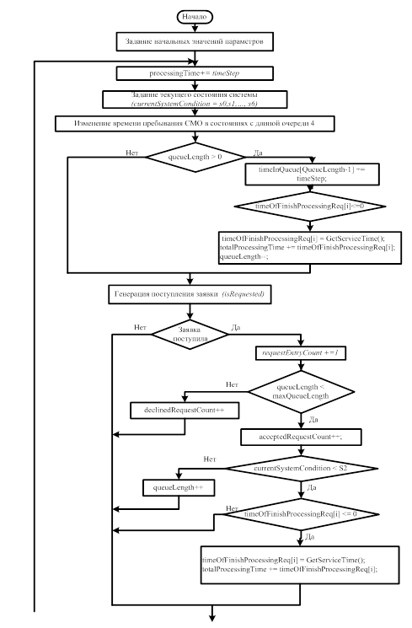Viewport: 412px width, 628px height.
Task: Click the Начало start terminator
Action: click(x=195, y=17)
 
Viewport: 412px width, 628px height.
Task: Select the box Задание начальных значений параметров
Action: click(x=195, y=41)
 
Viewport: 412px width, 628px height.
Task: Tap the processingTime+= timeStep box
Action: click(x=195, y=73)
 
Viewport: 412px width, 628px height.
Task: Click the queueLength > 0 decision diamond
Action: click(x=195, y=157)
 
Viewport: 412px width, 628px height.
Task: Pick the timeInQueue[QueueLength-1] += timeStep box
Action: click(x=312, y=174)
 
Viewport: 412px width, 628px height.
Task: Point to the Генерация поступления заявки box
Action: click(x=190, y=294)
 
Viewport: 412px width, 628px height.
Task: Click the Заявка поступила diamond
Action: click(x=190, y=335)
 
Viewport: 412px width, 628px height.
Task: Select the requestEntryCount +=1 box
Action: click(x=301, y=353)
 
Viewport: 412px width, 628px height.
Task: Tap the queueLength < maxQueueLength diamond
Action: click(x=301, y=392)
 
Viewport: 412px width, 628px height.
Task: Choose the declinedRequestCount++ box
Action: click(x=185, y=411)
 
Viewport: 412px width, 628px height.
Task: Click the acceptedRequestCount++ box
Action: click(x=301, y=437)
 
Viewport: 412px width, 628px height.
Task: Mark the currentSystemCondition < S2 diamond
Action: click(x=302, y=468)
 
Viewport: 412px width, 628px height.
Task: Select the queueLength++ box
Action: click(x=179, y=488)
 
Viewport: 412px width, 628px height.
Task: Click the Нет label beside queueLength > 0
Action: click(x=132, y=153)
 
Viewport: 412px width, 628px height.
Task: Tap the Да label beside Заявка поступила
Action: click(x=236, y=328)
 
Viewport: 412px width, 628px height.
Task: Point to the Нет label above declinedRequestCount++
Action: click(x=232, y=384)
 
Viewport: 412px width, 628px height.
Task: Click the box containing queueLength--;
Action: click(x=310, y=248)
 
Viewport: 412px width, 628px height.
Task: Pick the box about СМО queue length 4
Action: click(x=195, y=124)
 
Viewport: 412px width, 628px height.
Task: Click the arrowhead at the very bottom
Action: click(x=212, y=618)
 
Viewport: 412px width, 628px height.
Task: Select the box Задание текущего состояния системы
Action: click(x=195, y=99)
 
